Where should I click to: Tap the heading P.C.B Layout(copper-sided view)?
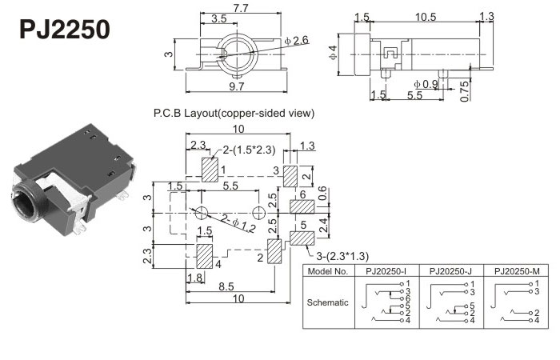coord(234,114)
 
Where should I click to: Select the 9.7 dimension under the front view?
coord(237,86)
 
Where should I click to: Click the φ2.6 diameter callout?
coord(295,41)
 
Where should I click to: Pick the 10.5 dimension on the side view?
coord(426,17)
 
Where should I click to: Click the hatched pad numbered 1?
coord(210,170)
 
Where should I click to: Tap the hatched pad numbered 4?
coord(206,256)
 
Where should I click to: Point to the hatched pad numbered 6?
coord(302,206)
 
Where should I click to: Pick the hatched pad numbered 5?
coord(302,237)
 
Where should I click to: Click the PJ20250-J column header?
coord(452,270)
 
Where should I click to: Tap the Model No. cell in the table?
coord(328,270)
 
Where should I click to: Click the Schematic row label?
coord(328,303)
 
